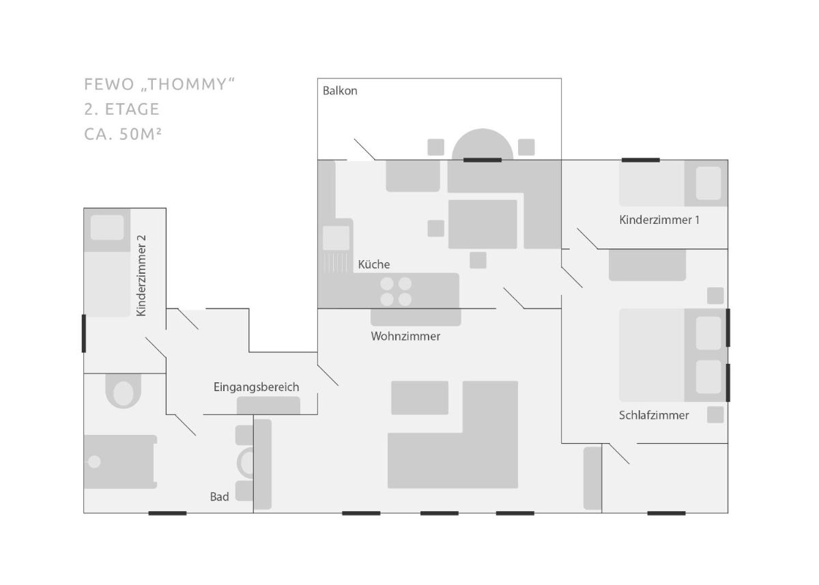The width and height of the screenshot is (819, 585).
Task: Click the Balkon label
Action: (x=340, y=91)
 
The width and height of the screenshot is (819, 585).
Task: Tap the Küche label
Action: (x=374, y=264)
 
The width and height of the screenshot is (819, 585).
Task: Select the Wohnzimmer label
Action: (x=405, y=336)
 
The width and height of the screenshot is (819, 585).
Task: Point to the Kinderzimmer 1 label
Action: (x=659, y=220)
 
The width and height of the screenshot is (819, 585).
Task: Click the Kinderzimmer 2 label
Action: (x=141, y=276)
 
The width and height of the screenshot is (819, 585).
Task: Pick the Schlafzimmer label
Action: (x=654, y=415)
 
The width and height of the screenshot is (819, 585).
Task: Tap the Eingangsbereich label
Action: (x=257, y=387)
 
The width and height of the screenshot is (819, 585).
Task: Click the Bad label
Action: (x=219, y=496)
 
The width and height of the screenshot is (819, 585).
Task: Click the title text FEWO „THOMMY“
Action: (x=159, y=85)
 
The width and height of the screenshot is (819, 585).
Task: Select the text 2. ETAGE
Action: (x=121, y=109)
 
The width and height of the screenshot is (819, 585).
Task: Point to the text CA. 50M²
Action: (x=122, y=134)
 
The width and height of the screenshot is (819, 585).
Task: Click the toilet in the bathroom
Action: (x=124, y=391)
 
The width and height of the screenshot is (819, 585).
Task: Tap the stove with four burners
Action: (x=396, y=291)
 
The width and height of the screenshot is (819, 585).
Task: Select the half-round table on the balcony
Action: (x=483, y=144)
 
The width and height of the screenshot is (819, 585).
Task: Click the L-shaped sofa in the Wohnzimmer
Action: (x=453, y=435)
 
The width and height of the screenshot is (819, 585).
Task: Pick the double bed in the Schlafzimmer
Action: (x=673, y=355)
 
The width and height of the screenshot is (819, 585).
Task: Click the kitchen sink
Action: (x=336, y=238)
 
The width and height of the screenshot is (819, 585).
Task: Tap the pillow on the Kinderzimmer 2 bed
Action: (x=107, y=227)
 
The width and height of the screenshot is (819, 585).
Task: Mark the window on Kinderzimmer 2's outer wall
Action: (x=84, y=333)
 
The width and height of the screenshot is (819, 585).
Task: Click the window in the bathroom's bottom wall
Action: (x=167, y=513)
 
